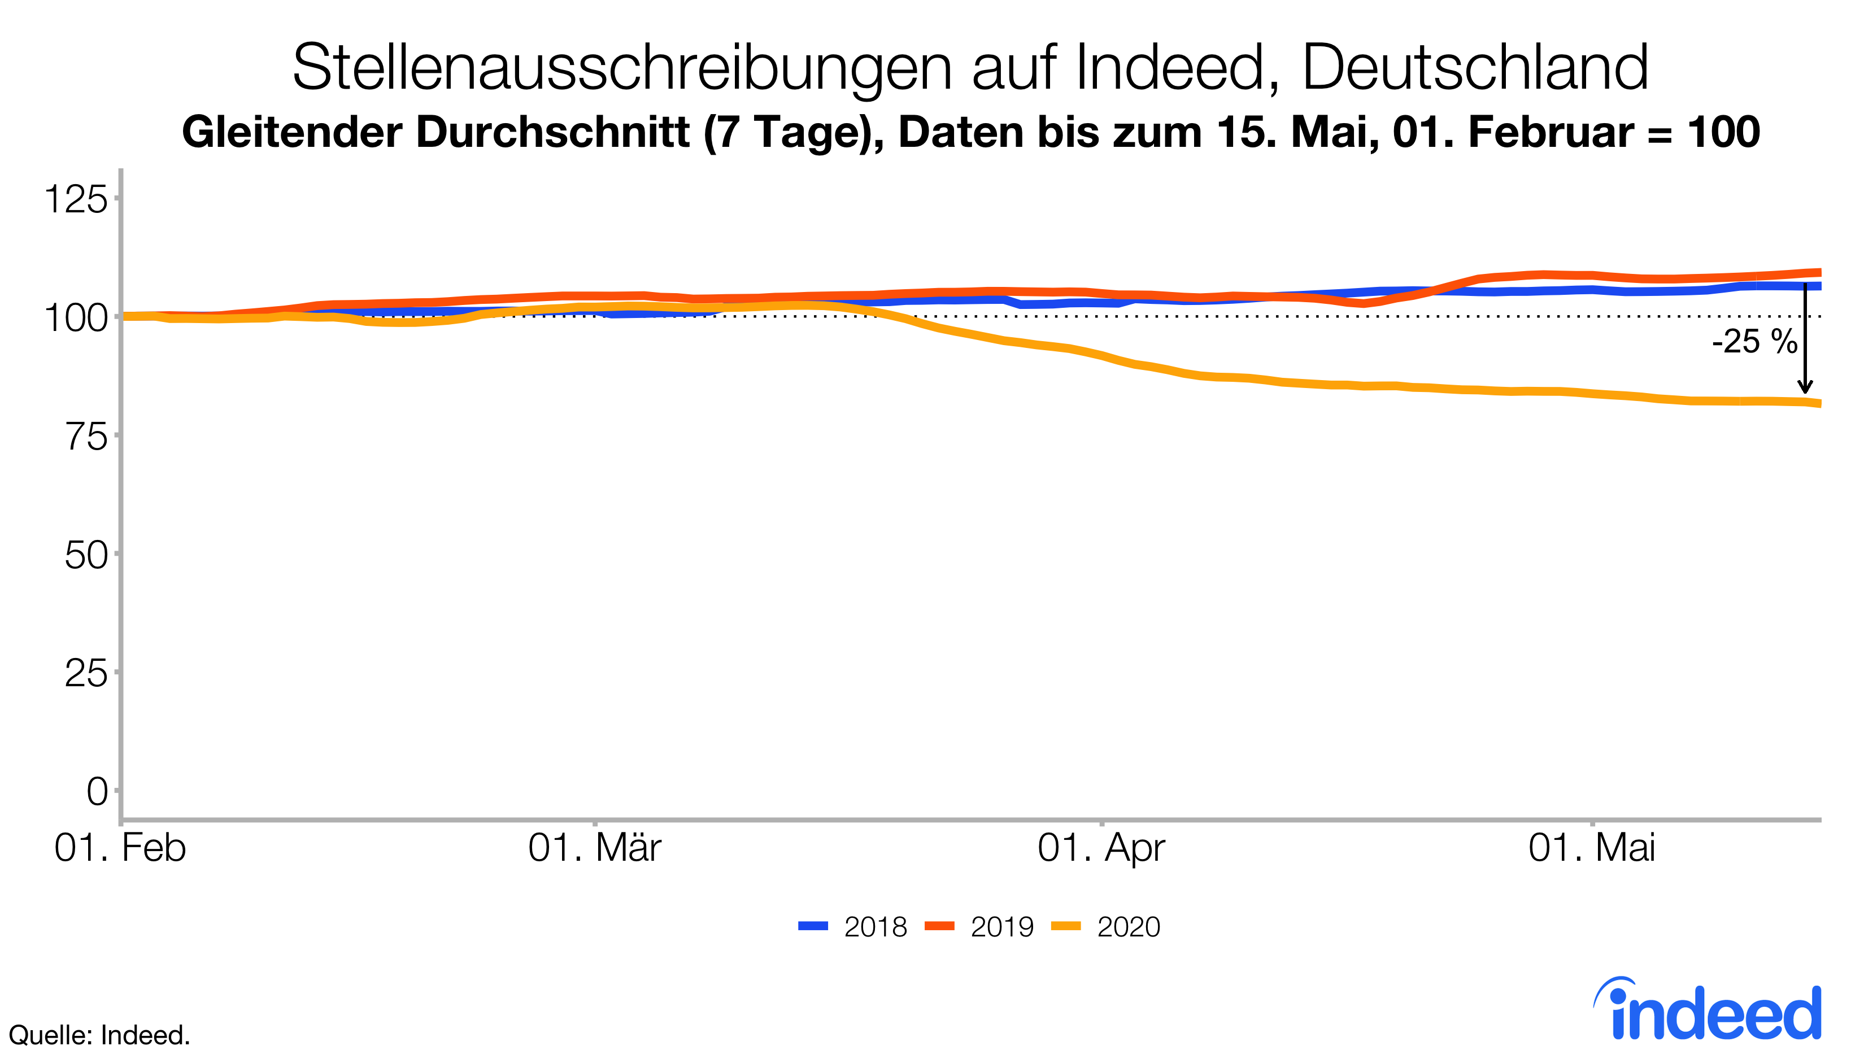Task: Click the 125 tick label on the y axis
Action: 76,199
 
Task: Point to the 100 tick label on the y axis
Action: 76,318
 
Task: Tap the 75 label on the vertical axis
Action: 86,437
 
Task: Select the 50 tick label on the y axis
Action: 86,556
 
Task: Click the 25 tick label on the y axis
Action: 86,674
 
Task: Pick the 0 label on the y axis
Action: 97,791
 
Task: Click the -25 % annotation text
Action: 1754,342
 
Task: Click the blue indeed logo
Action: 1709,1011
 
